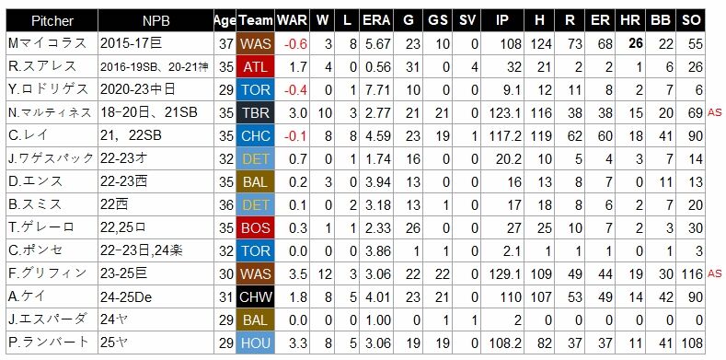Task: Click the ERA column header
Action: click(x=376, y=20)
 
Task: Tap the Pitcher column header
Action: click(x=52, y=20)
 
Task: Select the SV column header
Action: click(x=467, y=20)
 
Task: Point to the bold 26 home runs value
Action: click(x=636, y=43)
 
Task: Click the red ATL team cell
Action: click(x=256, y=66)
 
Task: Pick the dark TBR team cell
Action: click(x=256, y=112)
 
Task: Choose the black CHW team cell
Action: click(x=256, y=296)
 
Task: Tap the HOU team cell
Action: click(x=256, y=343)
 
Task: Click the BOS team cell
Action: click(x=256, y=227)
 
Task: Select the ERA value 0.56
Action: click(x=378, y=67)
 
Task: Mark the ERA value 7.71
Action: click(x=378, y=90)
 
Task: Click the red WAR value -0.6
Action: click(x=296, y=44)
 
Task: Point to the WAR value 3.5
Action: click(x=298, y=273)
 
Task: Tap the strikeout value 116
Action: click(x=692, y=273)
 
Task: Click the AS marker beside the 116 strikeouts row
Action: click(x=714, y=273)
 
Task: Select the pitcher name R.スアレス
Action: click(x=42, y=66)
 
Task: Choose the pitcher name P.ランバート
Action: click(x=48, y=343)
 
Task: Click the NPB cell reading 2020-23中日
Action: click(x=137, y=89)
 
